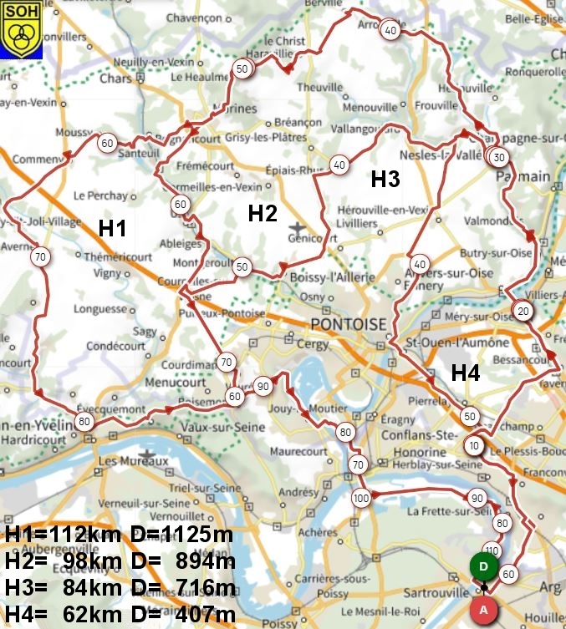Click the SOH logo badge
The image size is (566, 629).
pyautogui.click(x=21, y=29)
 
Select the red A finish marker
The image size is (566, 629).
pyautogui.click(x=483, y=610)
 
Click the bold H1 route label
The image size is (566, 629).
pyautogui.click(x=112, y=228)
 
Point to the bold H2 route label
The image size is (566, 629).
pyautogui.click(x=262, y=214)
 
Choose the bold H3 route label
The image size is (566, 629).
pyautogui.click(x=385, y=179)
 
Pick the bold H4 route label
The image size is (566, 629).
pyautogui.click(x=466, y=373)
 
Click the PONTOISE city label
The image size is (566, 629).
pyautogui.click(x=349, y=324)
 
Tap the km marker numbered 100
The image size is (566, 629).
pyautogui.click(x=360, y=499)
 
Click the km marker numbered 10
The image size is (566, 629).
pyautogui.click(x=474, y=445)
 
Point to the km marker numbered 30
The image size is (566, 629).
pyautogui.click(x=499, y=157)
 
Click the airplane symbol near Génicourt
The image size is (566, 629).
pyautogui.click(x=298, y=227)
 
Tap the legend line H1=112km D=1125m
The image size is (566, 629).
pyautogui.click(x=119, y=534)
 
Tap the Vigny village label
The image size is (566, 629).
pyautogui.click(x=109, y=272)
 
